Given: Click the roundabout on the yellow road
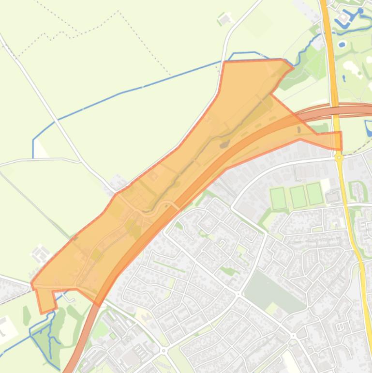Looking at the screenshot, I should (339, 157).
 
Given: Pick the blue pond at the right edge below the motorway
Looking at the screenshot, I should (369, 128).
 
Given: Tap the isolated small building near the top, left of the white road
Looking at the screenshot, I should (223, 20).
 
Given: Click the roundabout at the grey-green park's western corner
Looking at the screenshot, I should (238, 294).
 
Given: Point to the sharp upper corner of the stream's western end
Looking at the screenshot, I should (33, 126).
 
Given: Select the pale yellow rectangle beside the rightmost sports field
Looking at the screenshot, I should (325, 185).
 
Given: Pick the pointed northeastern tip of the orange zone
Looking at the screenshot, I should (293, 67).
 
